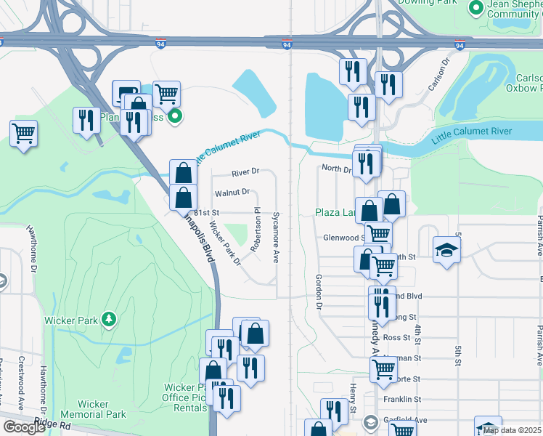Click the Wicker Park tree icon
coord(109,319)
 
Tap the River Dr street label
coord(245,173)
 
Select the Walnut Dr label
coord(232,193)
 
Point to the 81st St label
coord(205,212)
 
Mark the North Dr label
coord(336,169)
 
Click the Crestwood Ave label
coord(21,392)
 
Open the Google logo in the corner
coord(24,427)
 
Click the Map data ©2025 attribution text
coord(511,430)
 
